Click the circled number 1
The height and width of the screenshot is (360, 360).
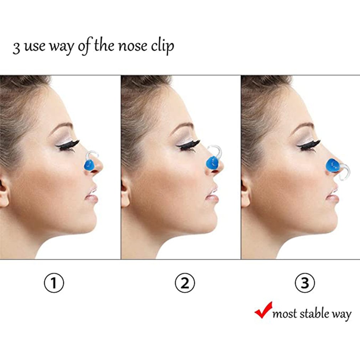tap(54, 283)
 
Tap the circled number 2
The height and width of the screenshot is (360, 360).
tap(185, 283)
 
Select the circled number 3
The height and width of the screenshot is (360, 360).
tap(305, 283)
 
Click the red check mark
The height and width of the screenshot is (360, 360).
tap(263, 310)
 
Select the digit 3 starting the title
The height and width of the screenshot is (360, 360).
tap(16, 48)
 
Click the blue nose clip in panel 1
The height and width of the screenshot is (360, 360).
tap(88, 165)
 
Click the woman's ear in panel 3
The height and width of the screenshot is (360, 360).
tap(245, 192)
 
